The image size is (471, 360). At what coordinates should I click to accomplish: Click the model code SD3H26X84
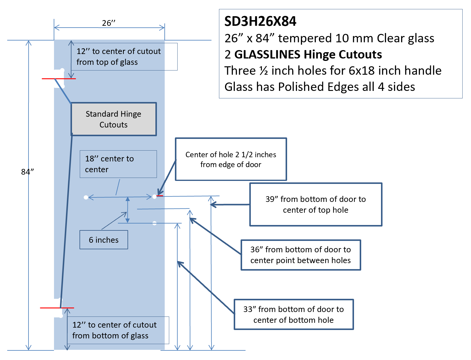tap(260, 22)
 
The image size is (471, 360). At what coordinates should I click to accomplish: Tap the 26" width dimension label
tap(109, 23)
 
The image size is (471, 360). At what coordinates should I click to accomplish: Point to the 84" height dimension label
tap(28, 172)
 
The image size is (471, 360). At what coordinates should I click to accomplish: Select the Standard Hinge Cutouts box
tap(114, 119)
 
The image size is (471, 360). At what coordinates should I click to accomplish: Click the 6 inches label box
tap(103, 240)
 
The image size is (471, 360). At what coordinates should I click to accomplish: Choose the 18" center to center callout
tap(118, 164)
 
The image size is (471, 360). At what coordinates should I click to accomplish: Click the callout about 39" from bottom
tap(316, 204)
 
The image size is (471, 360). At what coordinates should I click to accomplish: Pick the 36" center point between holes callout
tap(301, 255)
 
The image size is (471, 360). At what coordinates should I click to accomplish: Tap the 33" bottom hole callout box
tap(294, 314)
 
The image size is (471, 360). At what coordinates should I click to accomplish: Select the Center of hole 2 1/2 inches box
tap(231, 159)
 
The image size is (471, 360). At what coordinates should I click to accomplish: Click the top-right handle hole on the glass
tap(154, 196)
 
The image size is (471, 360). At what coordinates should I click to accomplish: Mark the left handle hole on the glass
tap(86, 197)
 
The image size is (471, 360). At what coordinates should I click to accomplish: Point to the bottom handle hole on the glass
tap(154, 223)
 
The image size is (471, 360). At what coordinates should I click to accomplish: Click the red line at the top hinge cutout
tap(59, 79)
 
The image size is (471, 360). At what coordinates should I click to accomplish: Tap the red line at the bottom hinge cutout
tap(57, 308)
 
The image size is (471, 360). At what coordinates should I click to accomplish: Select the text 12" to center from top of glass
tap(119, 57)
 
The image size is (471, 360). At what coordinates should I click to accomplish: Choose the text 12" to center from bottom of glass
tap(114, 330)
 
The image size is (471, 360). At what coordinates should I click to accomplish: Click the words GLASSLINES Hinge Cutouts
tap(308, 54)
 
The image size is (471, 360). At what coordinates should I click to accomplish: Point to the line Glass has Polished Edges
tap(320, 87)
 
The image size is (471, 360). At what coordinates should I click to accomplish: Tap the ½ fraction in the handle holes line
tap(264, 70)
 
